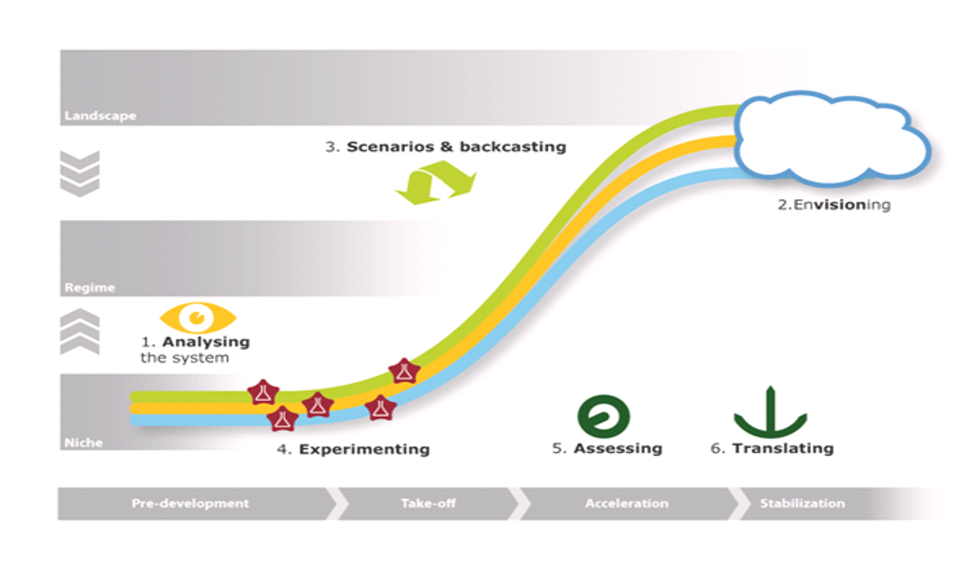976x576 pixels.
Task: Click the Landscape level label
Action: pyautogui.click(x=100, y=115)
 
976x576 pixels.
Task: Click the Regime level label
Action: pyautogui.click(x=89, y=288)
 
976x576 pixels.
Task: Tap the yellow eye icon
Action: pyautogui.click(x=198, y=317)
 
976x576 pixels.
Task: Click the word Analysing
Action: pyautogui.click(x=205, y=341)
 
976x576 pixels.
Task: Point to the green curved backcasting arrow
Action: pyautogui.click(x=435, y=183)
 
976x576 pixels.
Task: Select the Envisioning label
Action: pyautogui.click(x=833, y=206)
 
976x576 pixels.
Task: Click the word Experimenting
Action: pyautogui.click(x=364, y=449)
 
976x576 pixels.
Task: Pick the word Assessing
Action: pyautogui.click(x=617, y=449)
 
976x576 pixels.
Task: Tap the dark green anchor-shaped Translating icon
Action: pyautogui.click(x=770, y=414)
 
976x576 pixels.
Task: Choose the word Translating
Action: pyautogui.click(x=783, y=449)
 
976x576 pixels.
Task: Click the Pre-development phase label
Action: pyautogui.click(x=190, y=503)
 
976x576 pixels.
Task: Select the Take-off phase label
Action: pyautogui.click(x=428, y=503)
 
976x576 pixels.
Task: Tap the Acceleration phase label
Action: pyautogui.click(x=627, y=503)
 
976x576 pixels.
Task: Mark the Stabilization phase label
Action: pyautogui.click(x=802, y=503)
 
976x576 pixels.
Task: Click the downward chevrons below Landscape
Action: pyautogui.click(x=80, y=173)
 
